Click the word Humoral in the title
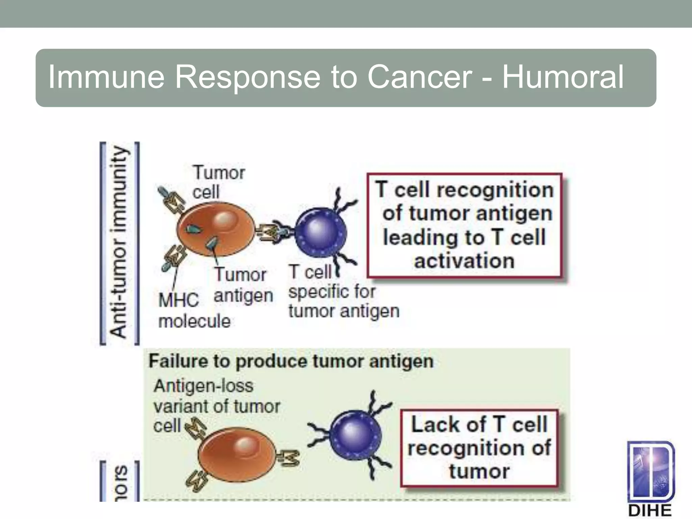point(563,77)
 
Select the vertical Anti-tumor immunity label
point(119,243)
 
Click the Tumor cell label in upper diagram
point(218,182)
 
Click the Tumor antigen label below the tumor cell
point(243,285)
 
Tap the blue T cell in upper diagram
point(320,232)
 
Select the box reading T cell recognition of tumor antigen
point(464,225)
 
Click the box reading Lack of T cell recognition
point(478,448)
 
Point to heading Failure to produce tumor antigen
point(291,361)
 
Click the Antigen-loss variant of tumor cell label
point(216,405)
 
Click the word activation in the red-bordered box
point(464,261)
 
